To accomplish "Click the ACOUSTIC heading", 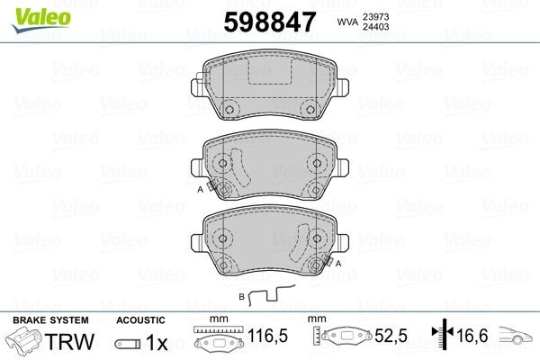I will [141, 319].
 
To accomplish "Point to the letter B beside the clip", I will [241, 295].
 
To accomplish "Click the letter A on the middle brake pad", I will [200, 190].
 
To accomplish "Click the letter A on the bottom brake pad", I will [339, 264].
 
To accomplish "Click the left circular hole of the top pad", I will [229, 111].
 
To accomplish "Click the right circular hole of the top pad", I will [310, 111].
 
